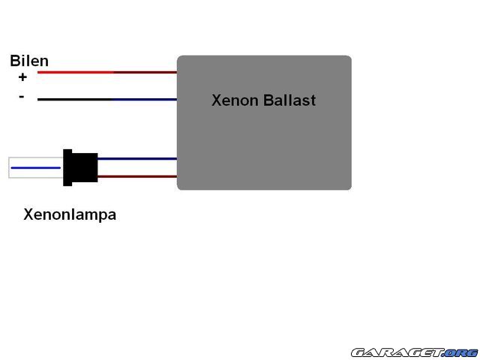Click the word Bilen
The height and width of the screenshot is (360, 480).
point(29,61)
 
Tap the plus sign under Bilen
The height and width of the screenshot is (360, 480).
point(22,76)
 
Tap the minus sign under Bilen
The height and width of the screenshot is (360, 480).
point(21,97)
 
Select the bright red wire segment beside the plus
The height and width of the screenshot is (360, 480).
point(75,72)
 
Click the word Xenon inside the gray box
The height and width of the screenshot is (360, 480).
point(235,100)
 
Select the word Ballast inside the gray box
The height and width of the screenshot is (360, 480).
point(289,100)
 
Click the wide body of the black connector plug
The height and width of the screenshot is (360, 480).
point(85,168)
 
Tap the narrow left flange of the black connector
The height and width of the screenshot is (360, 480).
point(67,168)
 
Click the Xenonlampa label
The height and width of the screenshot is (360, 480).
point(70,214)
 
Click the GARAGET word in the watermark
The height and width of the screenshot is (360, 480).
point(397,352)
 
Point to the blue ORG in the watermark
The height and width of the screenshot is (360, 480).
point(460,352)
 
